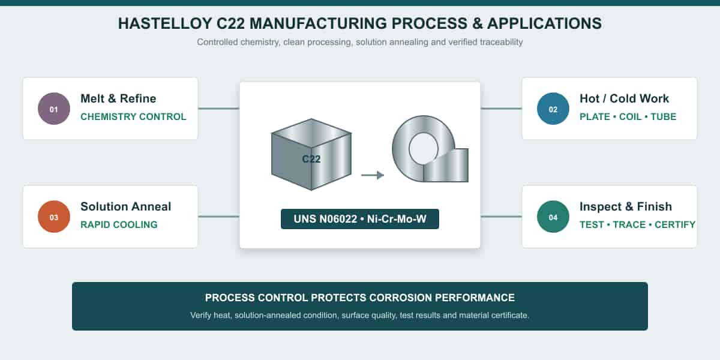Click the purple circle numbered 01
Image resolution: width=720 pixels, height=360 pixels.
[54, 109]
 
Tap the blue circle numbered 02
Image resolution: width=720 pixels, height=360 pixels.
[553, 109]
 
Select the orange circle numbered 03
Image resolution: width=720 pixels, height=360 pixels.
[54, 217]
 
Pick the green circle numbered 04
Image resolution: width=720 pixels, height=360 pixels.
[553, 217]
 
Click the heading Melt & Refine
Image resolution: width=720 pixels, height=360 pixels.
[118, 98]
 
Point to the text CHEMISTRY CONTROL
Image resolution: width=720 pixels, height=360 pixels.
[133, 116]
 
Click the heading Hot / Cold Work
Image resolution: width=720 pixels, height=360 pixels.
[624, 98]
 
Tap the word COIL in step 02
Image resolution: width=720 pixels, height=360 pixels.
[631, 116]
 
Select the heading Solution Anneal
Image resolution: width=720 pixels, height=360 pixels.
[125, 206]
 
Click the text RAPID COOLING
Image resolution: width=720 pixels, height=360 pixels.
[119, 224]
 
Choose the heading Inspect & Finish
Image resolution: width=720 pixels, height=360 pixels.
[626, 206]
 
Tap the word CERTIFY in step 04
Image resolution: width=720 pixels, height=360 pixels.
[675, 224]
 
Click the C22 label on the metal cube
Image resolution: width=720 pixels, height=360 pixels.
[311, 159]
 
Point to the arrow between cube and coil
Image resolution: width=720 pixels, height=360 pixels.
[373, 175]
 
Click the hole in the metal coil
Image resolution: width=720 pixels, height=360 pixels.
[424, 149]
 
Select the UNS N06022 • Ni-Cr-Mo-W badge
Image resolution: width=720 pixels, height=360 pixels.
[359, 219]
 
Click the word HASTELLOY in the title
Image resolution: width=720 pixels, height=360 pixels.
[165, 23]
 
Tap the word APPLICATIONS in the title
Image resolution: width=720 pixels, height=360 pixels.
[545, 23]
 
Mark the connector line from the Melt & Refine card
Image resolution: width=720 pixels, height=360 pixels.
[218, 109]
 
